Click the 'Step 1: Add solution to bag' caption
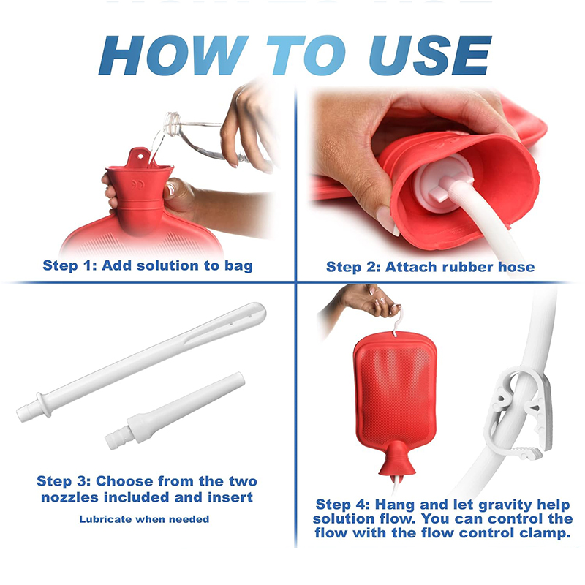pos(148,265)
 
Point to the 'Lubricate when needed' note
pos(144,519)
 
